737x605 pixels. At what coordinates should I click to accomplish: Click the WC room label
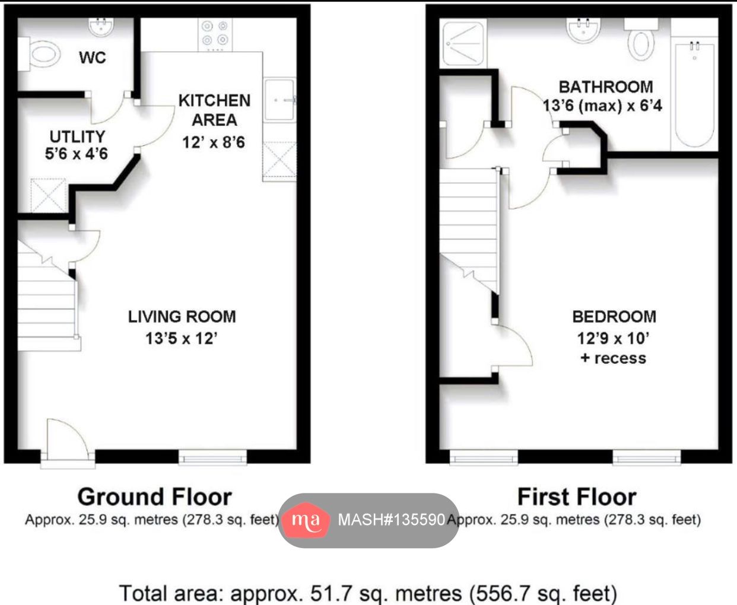tap(93, 58)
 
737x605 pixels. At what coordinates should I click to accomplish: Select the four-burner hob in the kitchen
tap(214, 33)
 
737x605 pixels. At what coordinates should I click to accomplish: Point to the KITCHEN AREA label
tap(214, 110)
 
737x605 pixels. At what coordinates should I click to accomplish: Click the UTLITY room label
tap(77, 136)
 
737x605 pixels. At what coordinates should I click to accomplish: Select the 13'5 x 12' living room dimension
tap(182, 339)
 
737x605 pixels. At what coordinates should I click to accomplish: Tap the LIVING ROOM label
tap(182, 317)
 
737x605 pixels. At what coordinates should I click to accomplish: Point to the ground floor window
tap(212, 457)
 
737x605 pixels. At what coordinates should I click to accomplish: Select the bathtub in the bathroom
tap(694, 95)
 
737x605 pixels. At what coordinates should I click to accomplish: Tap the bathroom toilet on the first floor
tap(641, 40)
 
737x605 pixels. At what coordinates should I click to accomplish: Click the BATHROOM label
tap(606, 87)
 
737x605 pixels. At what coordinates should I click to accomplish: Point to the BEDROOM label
tap(614, 317)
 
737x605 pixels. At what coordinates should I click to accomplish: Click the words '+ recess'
tap(614, 358)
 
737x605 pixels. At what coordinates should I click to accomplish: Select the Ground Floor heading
tap(154, 496)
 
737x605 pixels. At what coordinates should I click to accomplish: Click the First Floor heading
tap(577, 496)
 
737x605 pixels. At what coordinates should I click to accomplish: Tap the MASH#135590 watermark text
tap(391, 520)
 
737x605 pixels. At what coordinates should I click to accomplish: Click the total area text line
tap(368, 593)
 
